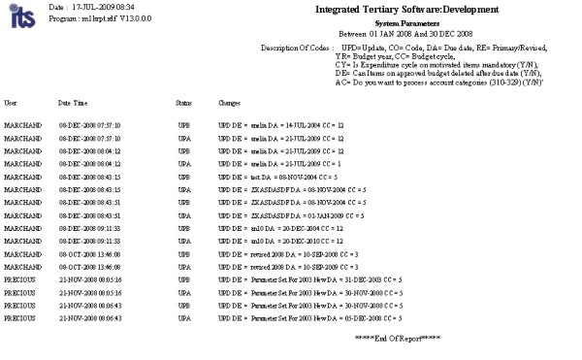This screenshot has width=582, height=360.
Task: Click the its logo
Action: point(17,16)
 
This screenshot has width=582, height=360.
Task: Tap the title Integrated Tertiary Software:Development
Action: point(407,10)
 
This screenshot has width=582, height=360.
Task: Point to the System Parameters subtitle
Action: point(407,23)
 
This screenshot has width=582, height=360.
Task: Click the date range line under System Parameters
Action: point(407,32)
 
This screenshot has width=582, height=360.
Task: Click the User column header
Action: point(11,102)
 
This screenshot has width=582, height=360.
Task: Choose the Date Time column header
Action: point(74,102)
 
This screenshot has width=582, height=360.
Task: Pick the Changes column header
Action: point(229,102)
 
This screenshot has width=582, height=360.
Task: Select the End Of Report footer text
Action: point(397,336)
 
